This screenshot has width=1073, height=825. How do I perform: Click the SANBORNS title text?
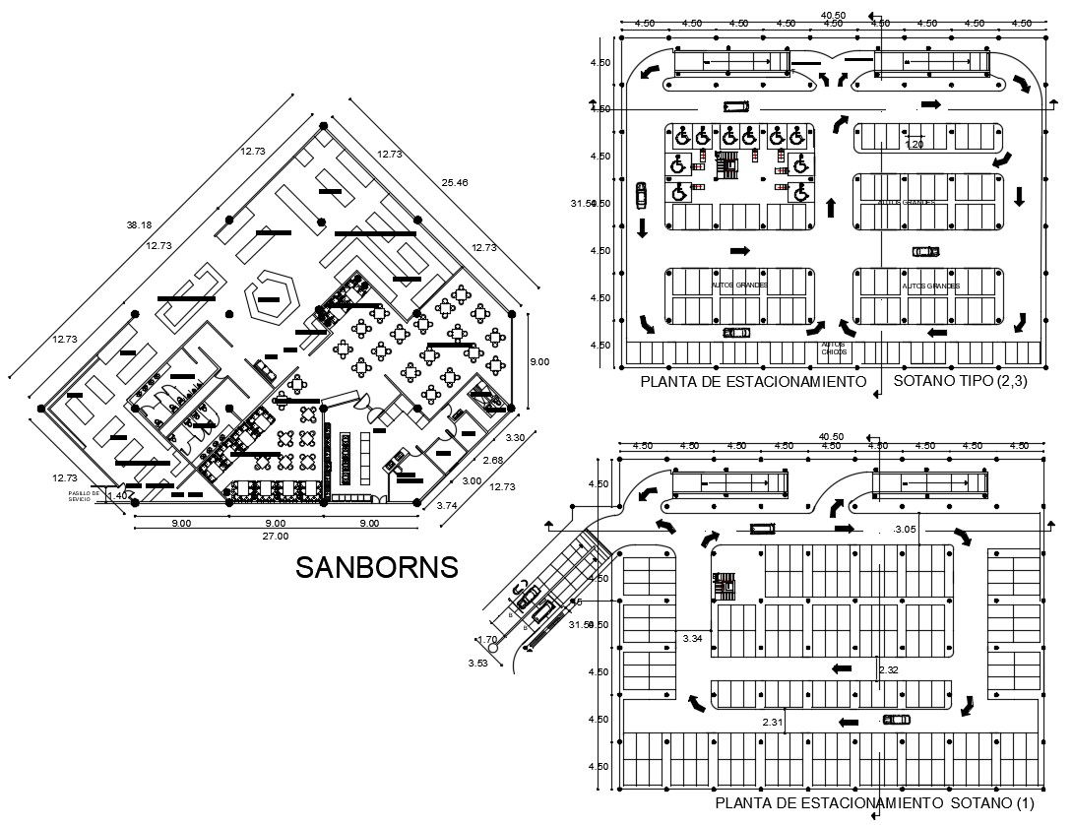(x=377, y=568)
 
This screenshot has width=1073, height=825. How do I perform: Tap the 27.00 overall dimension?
(x=276, y=537)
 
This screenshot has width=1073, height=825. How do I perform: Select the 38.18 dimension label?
(x=138, y=225)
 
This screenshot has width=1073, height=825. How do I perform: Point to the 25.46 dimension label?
(x=455, y=183)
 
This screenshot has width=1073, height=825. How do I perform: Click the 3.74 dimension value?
(x=447, y=505)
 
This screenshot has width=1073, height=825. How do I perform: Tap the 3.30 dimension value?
(x=515, y=437)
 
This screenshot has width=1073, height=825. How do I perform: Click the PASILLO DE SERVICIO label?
(x=85, y=496)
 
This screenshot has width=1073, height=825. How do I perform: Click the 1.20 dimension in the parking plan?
(x=915, y=145)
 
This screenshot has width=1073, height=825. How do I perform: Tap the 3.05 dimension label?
(x=906, y=531)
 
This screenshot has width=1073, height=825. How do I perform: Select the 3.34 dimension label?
(x=692, y=639)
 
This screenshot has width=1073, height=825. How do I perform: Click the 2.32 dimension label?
(x=889, y=670)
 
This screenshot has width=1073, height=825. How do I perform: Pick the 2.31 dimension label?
(x=773, y=723)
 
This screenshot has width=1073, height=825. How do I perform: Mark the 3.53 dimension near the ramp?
(x=477, y=663)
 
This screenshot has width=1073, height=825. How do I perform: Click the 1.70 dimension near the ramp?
(x=486, y=639)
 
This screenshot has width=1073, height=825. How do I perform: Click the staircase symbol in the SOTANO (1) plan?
(x=725, y=585)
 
